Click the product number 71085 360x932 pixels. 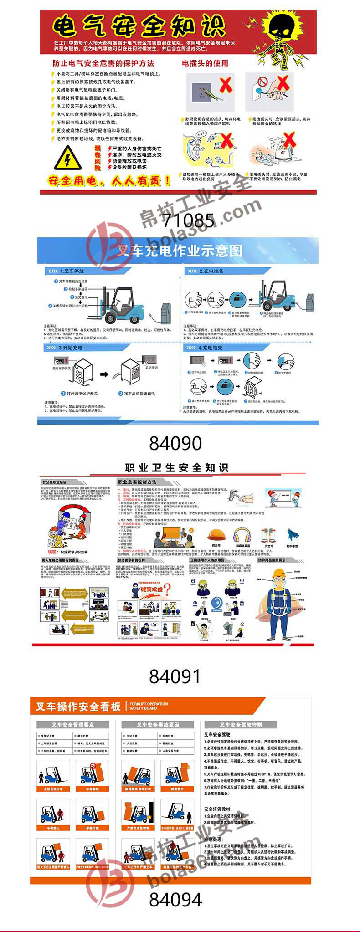click(x=188, y=220)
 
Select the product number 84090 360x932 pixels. click(x=175, y=443)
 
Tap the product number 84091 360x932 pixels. click(x=175, y=676)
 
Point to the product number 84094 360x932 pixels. click(x=175, y=900)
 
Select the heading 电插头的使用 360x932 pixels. click(x=205, y=63)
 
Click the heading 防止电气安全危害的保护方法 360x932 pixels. click(x=103, y=63)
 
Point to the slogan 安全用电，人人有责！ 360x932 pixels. click(x=109, y=181)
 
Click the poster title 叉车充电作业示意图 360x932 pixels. click(x=180, y=251)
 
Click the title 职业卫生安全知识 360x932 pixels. click(x=177, y=467)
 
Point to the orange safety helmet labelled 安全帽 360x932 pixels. click(x=216, y=535)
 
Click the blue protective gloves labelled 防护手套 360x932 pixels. click(x=292, y=535)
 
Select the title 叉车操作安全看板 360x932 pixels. click(x=78, y=706)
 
